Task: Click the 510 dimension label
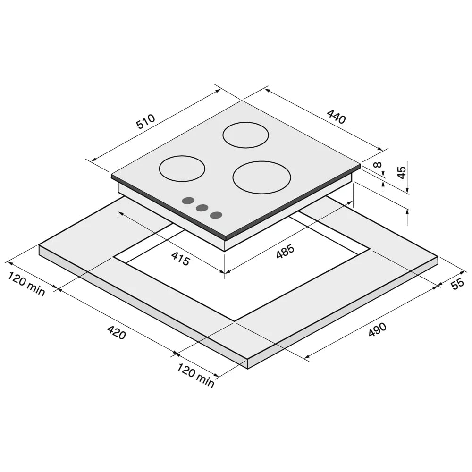tap(146, 121)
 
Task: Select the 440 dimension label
tap(337, 117)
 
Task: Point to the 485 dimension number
tap(285, 252)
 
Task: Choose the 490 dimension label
tap(377, 330)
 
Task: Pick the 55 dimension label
tap(457, 284)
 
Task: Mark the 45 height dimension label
tap(402, 172)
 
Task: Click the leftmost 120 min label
tap(26, 284)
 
